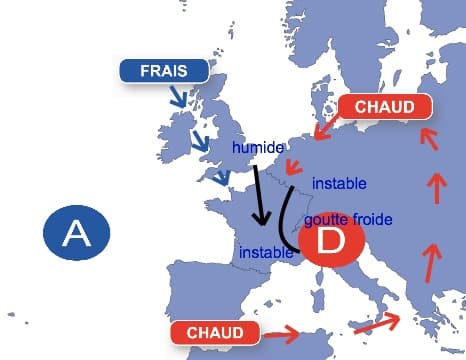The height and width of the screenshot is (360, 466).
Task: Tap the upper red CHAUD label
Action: coord(385,107)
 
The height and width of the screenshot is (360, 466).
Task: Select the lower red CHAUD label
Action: coord(215,331)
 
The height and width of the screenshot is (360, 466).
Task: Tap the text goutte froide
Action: coord(347,218)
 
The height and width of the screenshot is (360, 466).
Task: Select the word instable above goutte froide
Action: coord(339,184)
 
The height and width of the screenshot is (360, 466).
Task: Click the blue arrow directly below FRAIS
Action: coord(180,97)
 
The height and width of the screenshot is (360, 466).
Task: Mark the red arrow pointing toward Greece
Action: coord(377,323)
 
